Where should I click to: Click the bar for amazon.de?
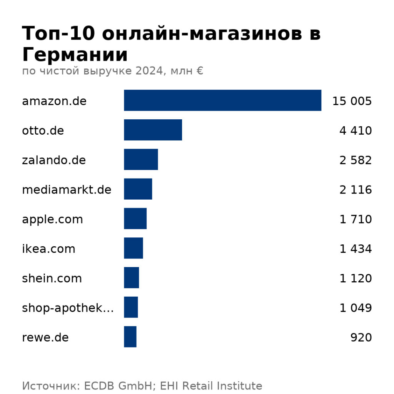click(222, 100)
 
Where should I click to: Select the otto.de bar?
click(153, 130)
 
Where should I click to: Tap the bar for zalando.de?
click(141, 160)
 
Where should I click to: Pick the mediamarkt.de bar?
click(138, 189)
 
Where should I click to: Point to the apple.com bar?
click(135, 219)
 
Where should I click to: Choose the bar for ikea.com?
click(133, 248)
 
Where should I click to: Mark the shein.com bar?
click(131, 278)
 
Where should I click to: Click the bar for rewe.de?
click(130, 337)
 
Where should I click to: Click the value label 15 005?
click(352, 101)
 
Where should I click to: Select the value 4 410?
click(356, 131)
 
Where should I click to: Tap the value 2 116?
click(356, 190)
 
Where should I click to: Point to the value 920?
click(361, 337)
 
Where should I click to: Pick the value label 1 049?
click(356, 308)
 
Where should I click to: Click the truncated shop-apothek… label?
click(68, 308)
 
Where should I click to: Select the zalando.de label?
click(54, 160)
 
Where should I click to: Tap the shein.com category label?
click(52, 278)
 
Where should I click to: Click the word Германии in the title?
click(75, 55)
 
